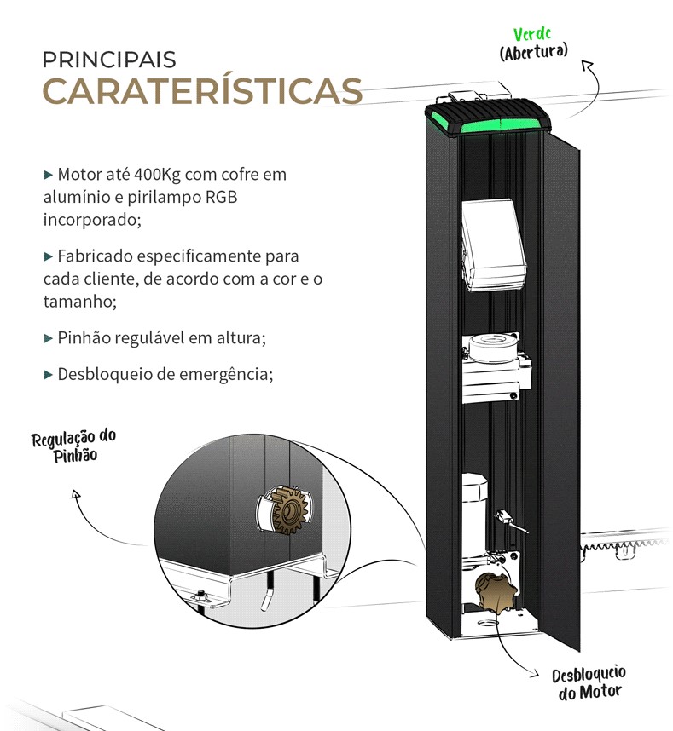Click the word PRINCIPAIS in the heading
(x=109, y=60)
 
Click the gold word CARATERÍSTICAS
(x=202, y=91)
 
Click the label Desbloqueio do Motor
(x=589, y=683)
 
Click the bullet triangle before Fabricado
(x=48, y=256)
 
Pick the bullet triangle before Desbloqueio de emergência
(x=48, y=373)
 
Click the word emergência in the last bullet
(x=229, y=374)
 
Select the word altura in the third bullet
(x=240, y=338)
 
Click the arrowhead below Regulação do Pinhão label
(x=76, y=493)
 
